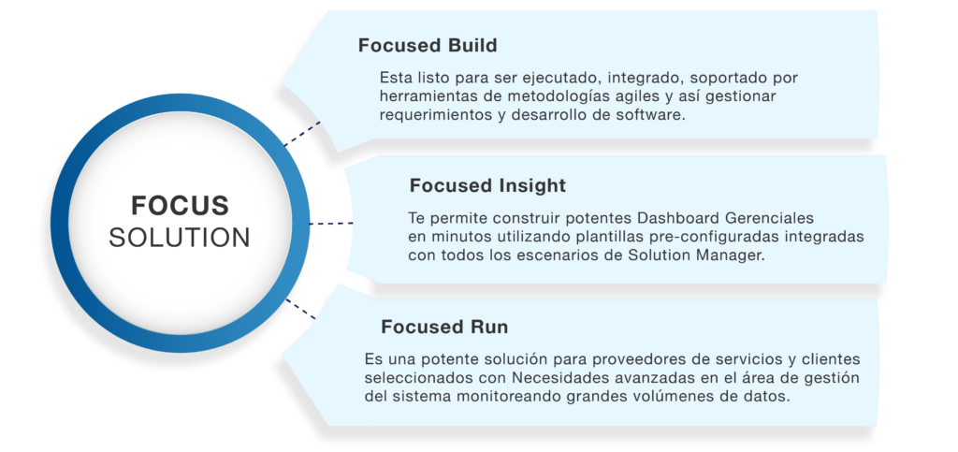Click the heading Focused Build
click(x=427, y=46)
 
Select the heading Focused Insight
click(x=487, y=185)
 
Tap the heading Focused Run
click(x=444, y=327)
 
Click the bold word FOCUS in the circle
click(x=180, y=206)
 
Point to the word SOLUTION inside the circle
click(x=180, y=238)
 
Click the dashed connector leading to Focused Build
click(x=302, y=134)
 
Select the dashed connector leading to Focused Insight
click(x=331, y=224)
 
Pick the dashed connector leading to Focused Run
click(x=300, y=309)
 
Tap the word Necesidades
click(x=554, y=377)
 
